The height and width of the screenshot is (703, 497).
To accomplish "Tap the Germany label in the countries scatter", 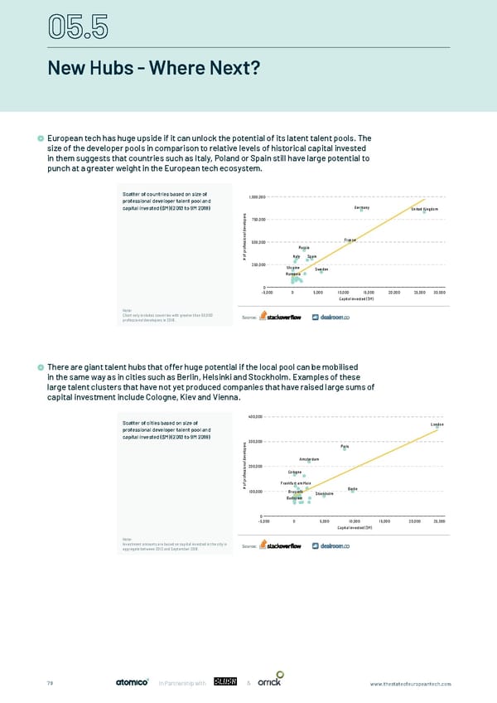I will coord(360,207).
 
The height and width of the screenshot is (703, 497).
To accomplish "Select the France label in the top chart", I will coord(350,240).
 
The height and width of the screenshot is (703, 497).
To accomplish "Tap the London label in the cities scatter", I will coord(437,424).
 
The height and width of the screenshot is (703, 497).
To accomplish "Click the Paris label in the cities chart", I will coord(345,447).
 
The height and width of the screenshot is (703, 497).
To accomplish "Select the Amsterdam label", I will coord(309,459).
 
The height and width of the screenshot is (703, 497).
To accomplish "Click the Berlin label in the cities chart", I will coord(353,488).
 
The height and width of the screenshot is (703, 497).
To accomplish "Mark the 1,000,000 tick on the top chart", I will coord(256,197).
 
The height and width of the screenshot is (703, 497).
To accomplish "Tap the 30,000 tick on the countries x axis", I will coord(439,292).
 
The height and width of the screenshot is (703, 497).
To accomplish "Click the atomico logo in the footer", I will coord(130,682).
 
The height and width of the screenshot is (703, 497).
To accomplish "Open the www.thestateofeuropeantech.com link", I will coord(410,683).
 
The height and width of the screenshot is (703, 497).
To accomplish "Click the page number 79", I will coord(49,683).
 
